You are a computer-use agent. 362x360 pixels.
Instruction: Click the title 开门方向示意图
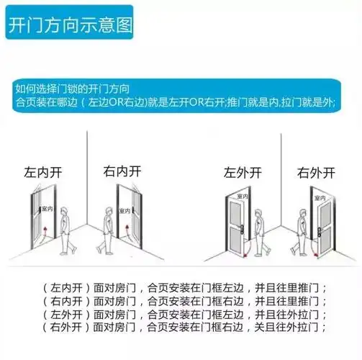[70, 27]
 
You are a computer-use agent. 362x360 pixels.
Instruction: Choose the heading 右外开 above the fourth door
[317, 174]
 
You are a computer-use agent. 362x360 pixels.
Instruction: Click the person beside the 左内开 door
[66, 230]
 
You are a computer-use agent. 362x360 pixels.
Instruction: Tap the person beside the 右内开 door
[107, 230]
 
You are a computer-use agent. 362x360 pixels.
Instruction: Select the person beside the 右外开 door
[297, 231]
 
